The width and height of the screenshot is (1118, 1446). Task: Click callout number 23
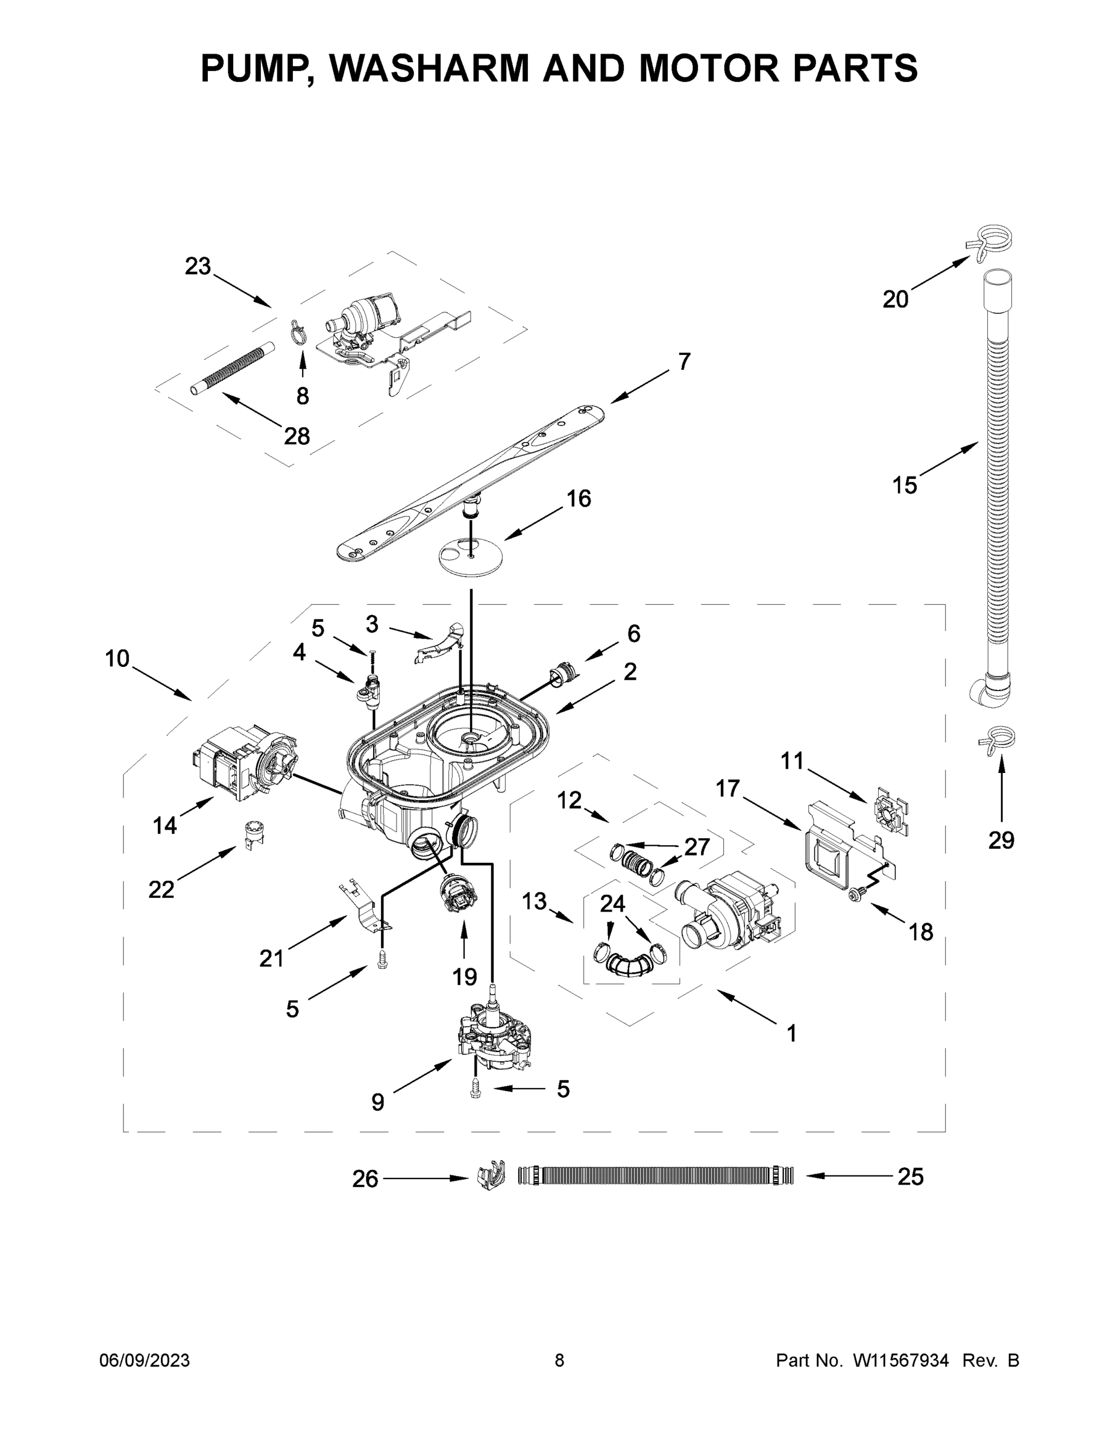click(x=197, y=266)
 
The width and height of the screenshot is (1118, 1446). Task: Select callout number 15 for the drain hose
click(x=904, y=485)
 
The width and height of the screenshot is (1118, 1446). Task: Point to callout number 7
click(x=684, y=361)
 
